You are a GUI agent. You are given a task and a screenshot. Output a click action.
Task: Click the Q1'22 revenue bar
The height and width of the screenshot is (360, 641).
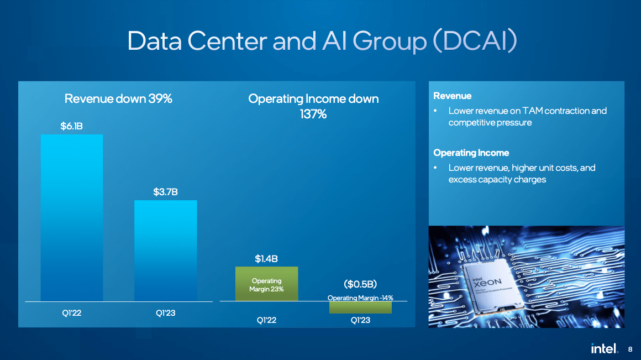71,218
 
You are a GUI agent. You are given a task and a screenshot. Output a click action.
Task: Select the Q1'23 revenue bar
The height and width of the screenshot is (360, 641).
166,251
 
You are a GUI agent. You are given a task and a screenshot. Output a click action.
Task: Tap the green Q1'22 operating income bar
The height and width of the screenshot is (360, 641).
266,284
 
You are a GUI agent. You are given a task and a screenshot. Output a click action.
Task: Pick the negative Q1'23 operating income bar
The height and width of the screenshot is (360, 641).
360,307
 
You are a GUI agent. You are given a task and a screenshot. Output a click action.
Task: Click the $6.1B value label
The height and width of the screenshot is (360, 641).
71,126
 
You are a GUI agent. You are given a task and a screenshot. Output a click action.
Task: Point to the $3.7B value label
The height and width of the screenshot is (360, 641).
166,192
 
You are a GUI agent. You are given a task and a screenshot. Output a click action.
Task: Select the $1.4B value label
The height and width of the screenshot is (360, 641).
266,259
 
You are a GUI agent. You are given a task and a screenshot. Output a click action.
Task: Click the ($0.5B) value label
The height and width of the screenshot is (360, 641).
360,284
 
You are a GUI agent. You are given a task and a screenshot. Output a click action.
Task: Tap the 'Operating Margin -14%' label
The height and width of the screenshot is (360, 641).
360,298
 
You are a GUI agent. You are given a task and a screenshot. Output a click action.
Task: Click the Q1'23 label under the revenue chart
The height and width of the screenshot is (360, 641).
166,313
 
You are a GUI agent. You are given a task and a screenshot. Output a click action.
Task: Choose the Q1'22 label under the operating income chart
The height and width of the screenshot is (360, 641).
266,320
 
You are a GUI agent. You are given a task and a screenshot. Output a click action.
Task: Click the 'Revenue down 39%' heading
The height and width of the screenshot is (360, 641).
118,98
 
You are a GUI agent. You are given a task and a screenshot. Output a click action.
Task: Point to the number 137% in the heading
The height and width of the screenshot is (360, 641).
313,114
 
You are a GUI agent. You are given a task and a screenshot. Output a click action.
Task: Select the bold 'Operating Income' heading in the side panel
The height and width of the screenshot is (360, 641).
471,153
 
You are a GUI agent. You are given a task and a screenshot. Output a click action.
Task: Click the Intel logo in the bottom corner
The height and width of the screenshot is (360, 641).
604,348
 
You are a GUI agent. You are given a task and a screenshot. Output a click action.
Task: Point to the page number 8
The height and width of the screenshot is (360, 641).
630,349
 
